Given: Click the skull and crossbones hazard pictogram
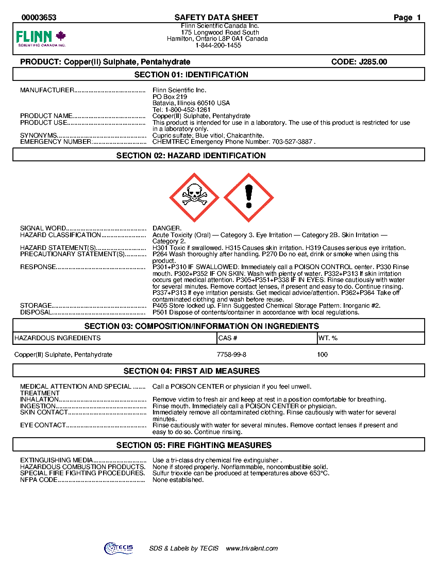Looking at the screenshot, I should [x=194, y=196].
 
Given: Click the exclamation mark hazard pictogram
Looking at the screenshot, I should [x=249, y=196].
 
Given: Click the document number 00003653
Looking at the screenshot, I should [x=39, y=18].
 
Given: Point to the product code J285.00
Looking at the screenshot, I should [x=359, y=62].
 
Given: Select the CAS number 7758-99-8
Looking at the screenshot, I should [x=231, y=355].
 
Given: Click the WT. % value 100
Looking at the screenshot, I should [x=323, y=355].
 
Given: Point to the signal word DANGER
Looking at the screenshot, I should [x=167, y=228].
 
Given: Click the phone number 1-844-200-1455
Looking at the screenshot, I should [x=218, y=45].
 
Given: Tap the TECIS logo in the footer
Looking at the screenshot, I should [x=119, y=548].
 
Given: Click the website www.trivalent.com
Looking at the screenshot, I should [x=252, y=548].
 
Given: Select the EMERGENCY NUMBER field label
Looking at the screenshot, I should [x=56, y=142].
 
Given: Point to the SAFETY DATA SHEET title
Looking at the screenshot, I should [x=216, y=18].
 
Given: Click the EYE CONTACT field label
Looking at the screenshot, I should [x=43, y=425].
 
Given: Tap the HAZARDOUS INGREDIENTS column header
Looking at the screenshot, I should [x=58, y=338].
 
